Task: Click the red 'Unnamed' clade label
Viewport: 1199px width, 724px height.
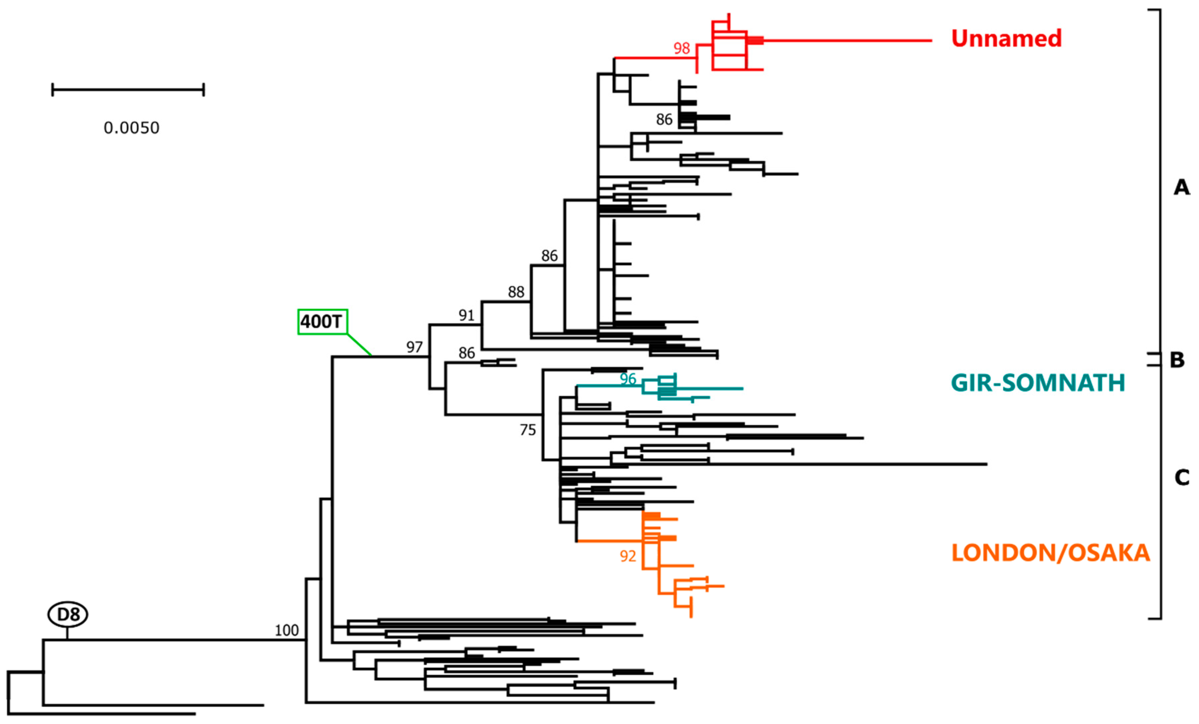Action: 1006,39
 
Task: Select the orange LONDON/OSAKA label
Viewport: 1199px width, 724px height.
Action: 1050,553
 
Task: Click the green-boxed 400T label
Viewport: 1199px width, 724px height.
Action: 322,322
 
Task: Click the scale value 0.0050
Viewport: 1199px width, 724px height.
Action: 131,128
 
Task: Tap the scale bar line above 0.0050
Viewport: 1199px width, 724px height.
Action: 128,89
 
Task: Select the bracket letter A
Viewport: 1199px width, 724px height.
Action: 1181,187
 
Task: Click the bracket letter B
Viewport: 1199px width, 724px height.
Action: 1177,360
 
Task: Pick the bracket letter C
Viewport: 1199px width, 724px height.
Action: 1181,477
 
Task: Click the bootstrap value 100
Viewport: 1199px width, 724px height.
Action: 287,631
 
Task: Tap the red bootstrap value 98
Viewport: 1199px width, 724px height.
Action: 681,48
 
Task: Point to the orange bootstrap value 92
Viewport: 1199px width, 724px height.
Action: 628,556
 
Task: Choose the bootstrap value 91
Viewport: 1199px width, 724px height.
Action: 466,315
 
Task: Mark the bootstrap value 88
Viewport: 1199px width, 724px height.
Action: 516,292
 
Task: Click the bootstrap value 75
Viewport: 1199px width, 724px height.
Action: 527,430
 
